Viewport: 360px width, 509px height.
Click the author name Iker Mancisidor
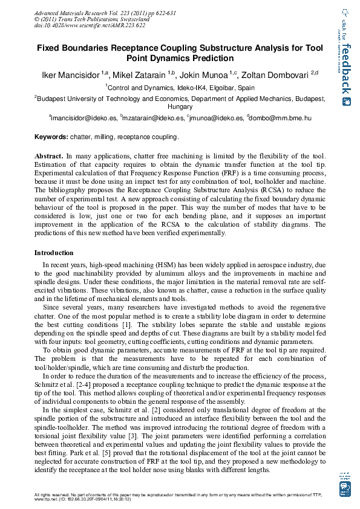tap(70, 76)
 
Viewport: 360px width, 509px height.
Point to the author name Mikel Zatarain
tap(141, 76)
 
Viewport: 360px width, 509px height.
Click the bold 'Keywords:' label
tap(51, 137)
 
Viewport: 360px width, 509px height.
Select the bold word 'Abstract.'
tap(49, 156)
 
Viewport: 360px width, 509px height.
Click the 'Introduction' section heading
tap(54, 253)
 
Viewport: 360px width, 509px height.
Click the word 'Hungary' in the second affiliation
tap(180, 106)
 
